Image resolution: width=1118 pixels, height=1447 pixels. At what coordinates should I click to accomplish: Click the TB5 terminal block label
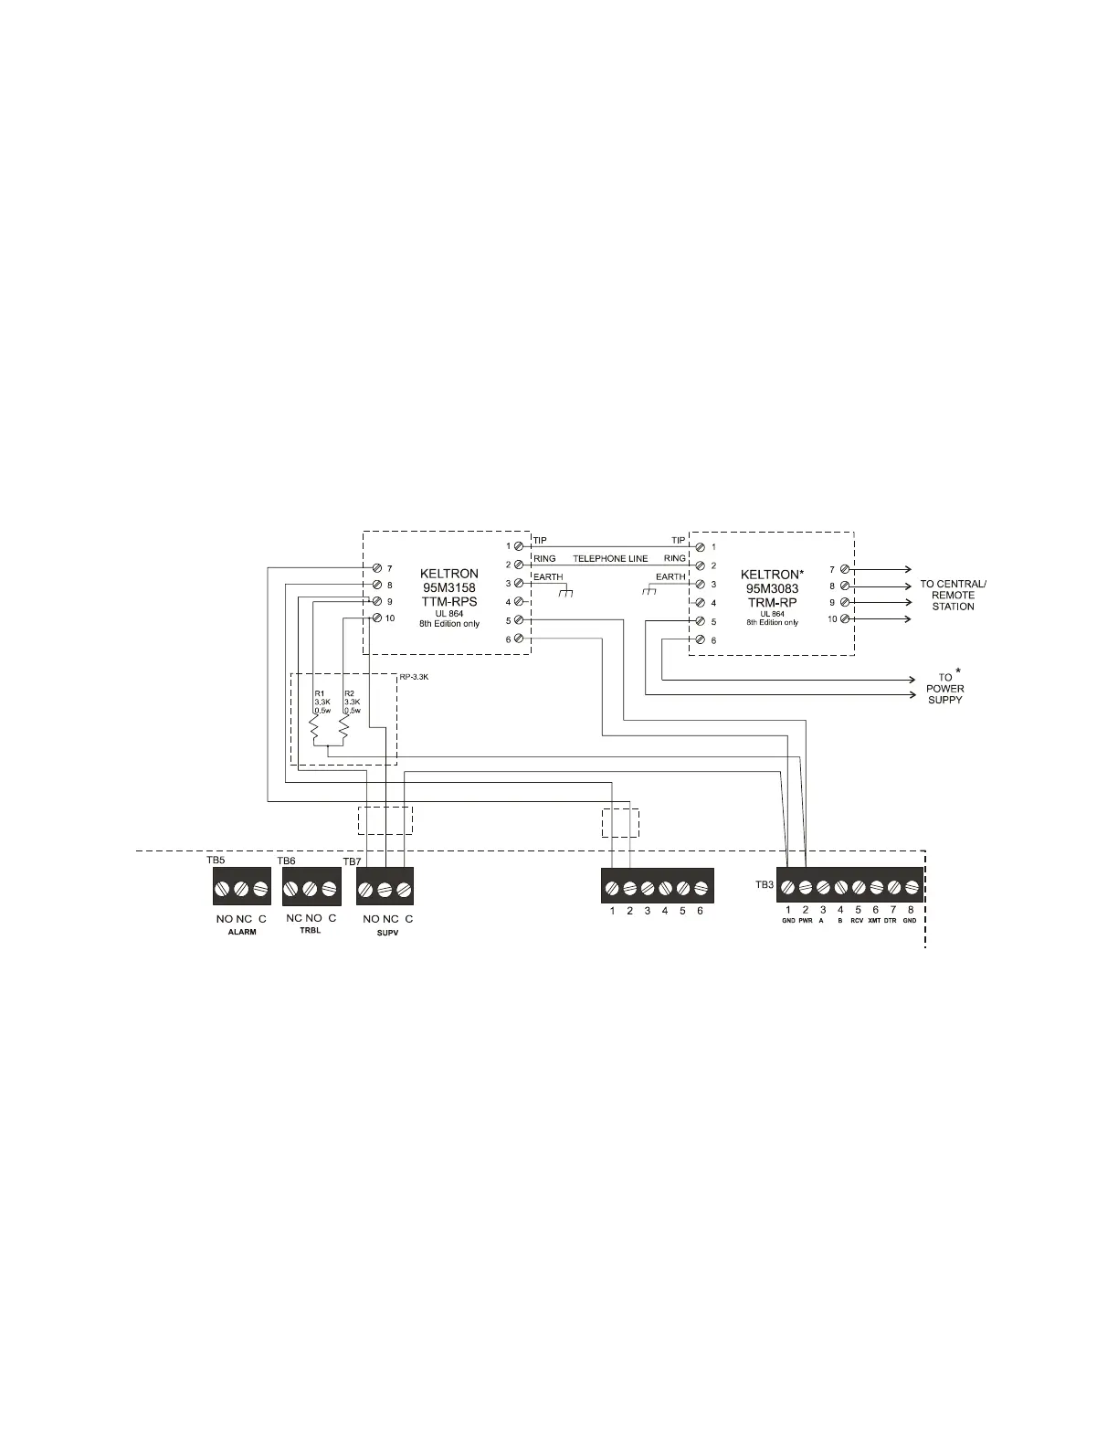[216, 861]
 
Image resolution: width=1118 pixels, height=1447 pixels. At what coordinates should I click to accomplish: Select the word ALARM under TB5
[241, 933]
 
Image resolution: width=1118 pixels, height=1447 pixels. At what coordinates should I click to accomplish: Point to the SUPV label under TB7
[388, 934]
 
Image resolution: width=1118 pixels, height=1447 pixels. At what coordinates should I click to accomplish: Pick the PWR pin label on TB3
[805, 921]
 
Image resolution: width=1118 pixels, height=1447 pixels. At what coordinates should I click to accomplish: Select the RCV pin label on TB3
[857, 921]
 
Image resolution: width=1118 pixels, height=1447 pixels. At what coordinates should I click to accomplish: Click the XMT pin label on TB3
[874, 921]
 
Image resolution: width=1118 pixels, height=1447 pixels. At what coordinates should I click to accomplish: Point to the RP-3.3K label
[415, 678]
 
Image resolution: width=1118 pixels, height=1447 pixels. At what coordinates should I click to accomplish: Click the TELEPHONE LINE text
[610, 558]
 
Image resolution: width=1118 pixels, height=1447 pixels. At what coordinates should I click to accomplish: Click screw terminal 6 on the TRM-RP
[700, 640]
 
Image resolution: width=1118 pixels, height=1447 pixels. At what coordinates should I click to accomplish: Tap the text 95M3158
[448, 588]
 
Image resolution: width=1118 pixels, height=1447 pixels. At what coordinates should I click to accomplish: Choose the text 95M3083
[772, 588]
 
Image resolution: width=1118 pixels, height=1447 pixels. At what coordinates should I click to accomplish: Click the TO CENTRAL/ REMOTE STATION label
[953, 595]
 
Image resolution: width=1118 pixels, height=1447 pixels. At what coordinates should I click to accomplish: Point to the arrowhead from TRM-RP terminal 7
[906, 569]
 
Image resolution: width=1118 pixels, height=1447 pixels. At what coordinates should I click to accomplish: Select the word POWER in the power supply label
[944, 689]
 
